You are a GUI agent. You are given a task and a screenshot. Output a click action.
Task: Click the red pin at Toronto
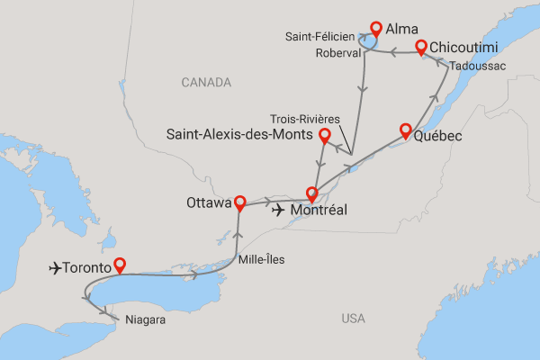click(119, 265)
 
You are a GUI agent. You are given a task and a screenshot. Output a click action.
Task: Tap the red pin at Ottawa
click(239, 200)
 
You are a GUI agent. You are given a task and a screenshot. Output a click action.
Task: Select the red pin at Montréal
click(312, 193)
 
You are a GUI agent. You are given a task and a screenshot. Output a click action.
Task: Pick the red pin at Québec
click(405, 130)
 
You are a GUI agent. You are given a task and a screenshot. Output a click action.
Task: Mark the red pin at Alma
click(376, 28)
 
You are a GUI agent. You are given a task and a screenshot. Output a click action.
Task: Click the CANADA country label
click(206, 82)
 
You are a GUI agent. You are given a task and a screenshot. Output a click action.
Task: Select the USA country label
click(354, 318)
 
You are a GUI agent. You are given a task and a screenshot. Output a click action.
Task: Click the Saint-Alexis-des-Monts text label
click(238, 134)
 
